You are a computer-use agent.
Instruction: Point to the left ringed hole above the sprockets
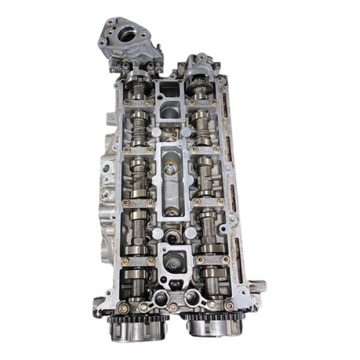pos(160,298)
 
